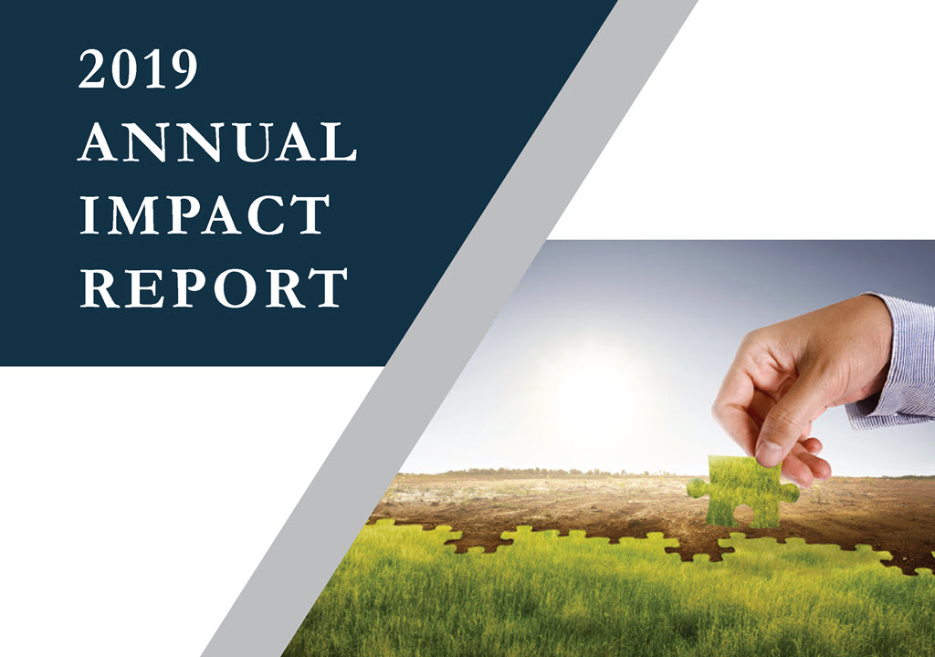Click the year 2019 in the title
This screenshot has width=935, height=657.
point(138,69)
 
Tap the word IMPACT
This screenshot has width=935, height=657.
point(205,214)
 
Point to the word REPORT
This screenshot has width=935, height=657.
point(214,288)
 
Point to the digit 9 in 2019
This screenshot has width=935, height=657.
point(183,69)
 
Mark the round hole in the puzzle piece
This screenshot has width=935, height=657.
point(743,514)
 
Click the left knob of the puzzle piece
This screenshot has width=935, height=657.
point(696,488)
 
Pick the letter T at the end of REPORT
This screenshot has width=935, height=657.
point(330,288)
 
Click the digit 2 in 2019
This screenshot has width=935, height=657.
point(92,69)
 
